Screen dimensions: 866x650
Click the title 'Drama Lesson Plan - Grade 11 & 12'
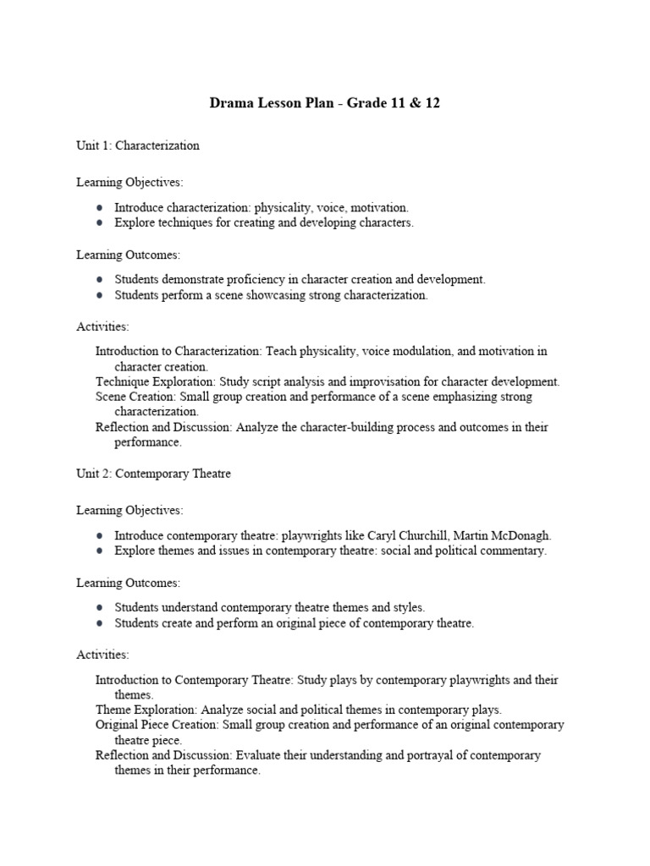coord(325,104)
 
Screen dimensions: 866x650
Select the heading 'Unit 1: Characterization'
coord(138,145)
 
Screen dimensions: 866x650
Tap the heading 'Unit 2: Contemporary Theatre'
coord(153,474)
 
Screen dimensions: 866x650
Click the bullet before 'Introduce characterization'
coord(100,208)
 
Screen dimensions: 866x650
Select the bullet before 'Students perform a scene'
coord(100,296)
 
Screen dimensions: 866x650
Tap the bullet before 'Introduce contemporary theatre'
coord(100,536)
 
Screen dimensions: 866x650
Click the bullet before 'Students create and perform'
coord(100,624)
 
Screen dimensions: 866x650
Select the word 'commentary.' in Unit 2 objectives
coord(512,551)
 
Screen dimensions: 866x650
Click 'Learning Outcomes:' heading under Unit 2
coord(128,583)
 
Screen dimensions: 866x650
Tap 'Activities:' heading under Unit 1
coord(102,326)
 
